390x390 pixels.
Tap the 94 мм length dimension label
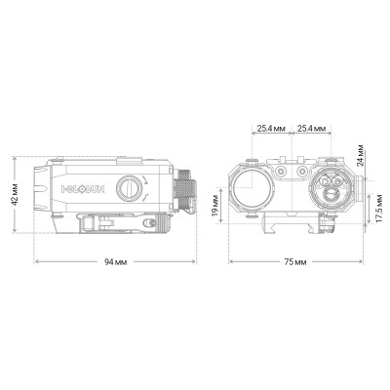pyautogui.click(x=115, y=263)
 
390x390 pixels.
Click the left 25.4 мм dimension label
pyautogui.click(x=272, y=128)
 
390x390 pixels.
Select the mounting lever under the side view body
pyautogui.click(x=100, y=222)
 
